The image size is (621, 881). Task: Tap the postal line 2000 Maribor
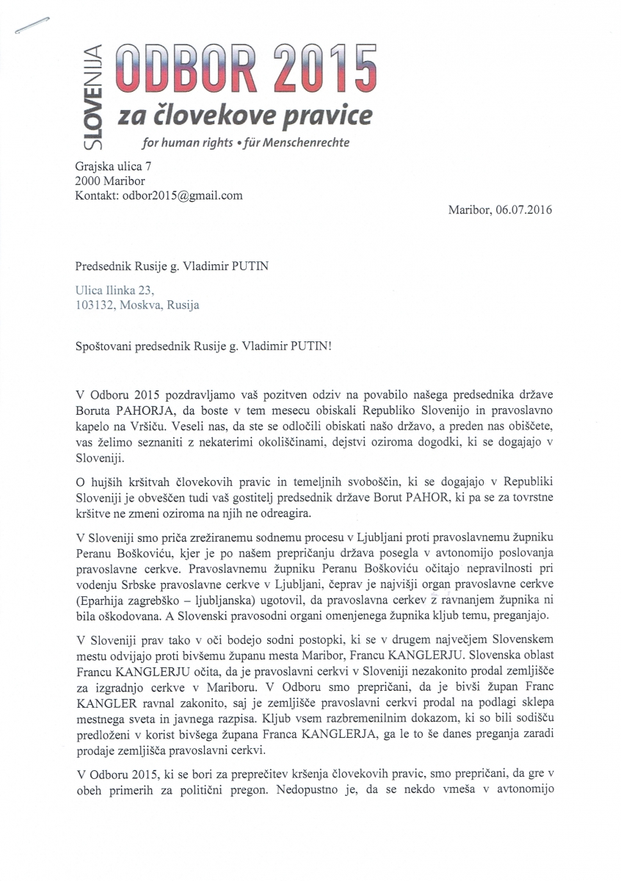click(x=110, y=181)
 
